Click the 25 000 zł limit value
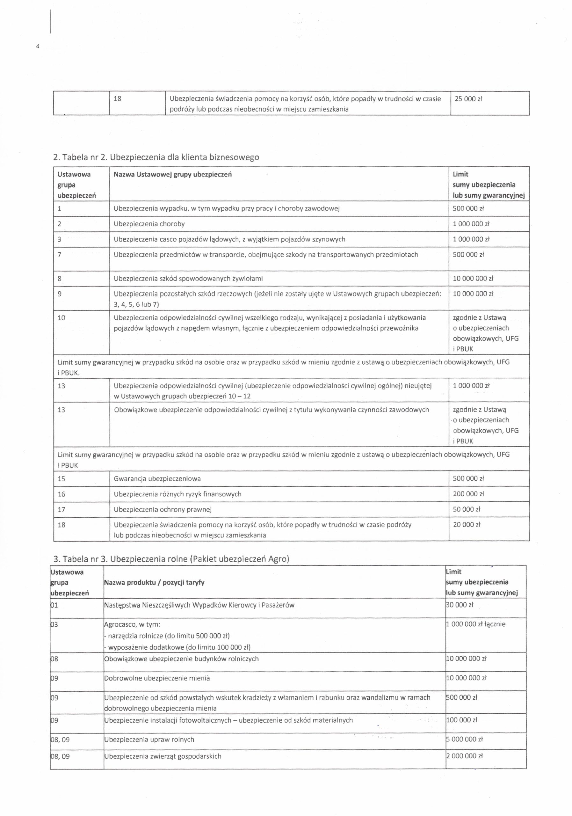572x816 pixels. pos(468,99)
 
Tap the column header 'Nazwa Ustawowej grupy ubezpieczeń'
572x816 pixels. pos(172,174)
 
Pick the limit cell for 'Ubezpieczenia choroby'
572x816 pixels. pos(471,224)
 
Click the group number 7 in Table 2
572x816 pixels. pos(60,255)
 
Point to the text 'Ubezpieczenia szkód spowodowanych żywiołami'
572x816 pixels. pos(188,279)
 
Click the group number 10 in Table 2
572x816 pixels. pos(62,318)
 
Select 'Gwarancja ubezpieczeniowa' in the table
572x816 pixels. pos(157,479)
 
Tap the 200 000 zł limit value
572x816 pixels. pos(468,494)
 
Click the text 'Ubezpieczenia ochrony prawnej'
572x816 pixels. pos(163,510)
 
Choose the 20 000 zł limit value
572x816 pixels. pos(467,525)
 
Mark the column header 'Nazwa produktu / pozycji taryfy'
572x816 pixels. pos(154,582)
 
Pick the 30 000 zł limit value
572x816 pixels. pos(460,605)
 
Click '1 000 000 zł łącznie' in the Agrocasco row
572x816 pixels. pos(475,624)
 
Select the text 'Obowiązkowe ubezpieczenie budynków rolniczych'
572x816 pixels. pos(181,659)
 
